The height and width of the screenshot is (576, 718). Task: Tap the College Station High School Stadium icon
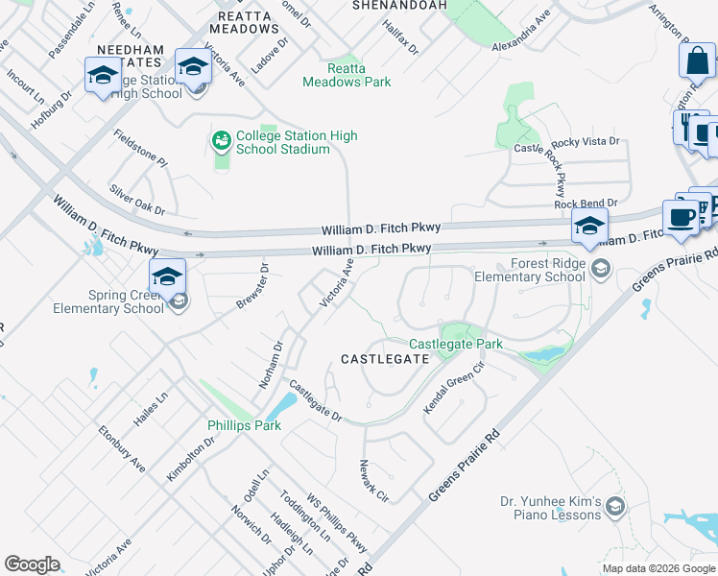click(x=222, y=142)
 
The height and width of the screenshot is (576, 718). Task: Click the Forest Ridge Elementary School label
click(x=529, y=271)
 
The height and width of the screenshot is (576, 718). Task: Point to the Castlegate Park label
click(x=456, y=344)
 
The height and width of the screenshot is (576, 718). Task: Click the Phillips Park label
click(x=245, y=424)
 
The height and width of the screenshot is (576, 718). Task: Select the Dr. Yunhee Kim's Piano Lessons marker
click(x=615, y=507)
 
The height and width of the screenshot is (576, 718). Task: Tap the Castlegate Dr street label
click(x=315, y=401)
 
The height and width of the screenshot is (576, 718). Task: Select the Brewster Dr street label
click(x=253, y=287)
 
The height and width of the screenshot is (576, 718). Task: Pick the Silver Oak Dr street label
click(x=137, y=199)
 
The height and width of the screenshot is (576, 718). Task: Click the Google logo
click(x=32, y=564)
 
